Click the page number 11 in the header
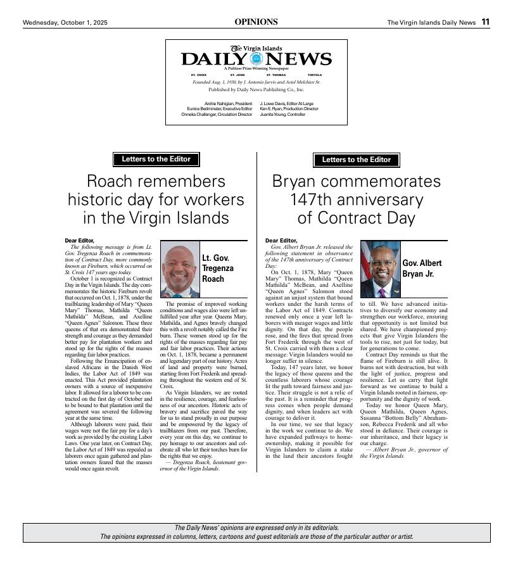pos(485,22)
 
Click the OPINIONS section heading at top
pos(256,22)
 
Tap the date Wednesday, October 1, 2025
pos(65,23)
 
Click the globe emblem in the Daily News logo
pos(256,59)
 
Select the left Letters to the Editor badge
pos(156,160)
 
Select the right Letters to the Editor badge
pos(356,160)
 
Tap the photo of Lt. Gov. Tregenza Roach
pos(180,270)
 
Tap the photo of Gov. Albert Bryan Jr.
pos(381,270)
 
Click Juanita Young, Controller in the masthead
pos(282,115)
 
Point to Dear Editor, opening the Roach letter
pos(79,241)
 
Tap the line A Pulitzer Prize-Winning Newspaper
pos(256,68)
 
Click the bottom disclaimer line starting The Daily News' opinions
pos(256,528)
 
